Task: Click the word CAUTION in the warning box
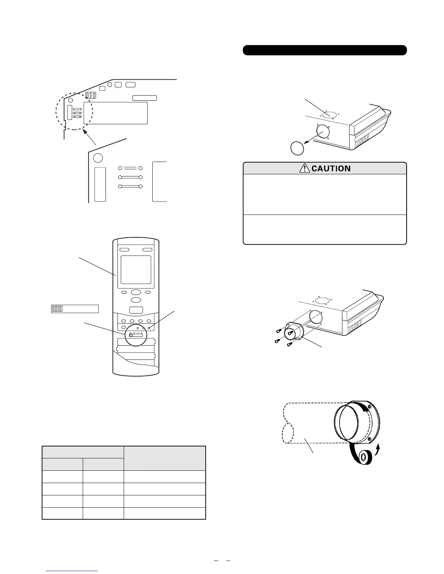point(331,169)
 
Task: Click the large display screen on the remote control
point(136,270)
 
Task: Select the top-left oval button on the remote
point(124,250)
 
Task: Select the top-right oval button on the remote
point(147,250)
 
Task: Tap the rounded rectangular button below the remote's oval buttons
point(136,310)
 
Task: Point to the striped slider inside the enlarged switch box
point(57,309)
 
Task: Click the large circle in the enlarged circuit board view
point(98,158)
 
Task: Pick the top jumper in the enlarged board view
point(130,168)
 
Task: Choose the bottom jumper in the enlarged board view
point(130,187)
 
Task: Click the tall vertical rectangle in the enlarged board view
point(100,184)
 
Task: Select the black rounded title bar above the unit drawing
point(325,50)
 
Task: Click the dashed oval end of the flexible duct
point(288,433)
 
